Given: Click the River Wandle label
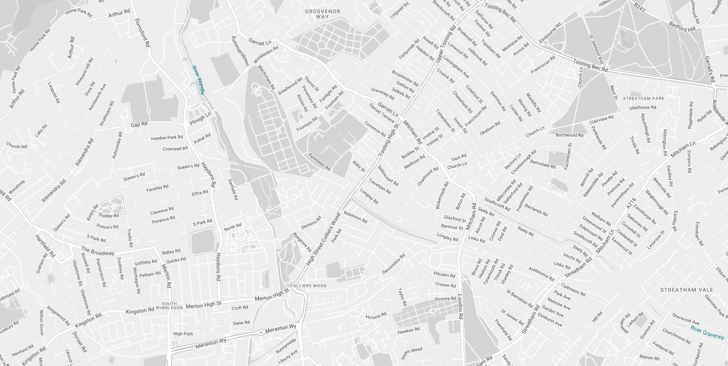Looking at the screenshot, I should (x=198, y=80).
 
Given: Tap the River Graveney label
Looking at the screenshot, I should (x=707, y=332).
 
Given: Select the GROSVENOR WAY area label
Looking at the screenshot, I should (x=323, y=14).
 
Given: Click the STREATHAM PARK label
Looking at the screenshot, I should (x=643, y=99).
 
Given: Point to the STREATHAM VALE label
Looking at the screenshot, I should (x=687, y=290).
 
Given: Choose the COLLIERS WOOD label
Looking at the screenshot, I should (x=308, y=286).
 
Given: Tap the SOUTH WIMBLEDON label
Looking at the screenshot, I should (x=170, y=305).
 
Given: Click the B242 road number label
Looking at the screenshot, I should (x=639, y=7).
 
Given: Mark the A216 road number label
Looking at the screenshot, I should (x=631, y=203).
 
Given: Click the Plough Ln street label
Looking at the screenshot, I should (x=200, y=118).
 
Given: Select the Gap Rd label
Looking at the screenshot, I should (x=139, y=124).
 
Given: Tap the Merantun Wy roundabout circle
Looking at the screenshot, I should (x=261, y=333).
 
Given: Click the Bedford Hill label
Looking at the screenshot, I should (x=682, y=27).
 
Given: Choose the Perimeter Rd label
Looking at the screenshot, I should (x=319, y=162).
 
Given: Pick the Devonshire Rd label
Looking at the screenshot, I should (x=393, y=263).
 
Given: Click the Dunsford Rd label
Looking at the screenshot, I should (x=142, y=33).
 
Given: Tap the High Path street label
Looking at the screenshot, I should (x=183, y=334).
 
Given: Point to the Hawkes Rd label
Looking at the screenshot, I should (x=408, y=331).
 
